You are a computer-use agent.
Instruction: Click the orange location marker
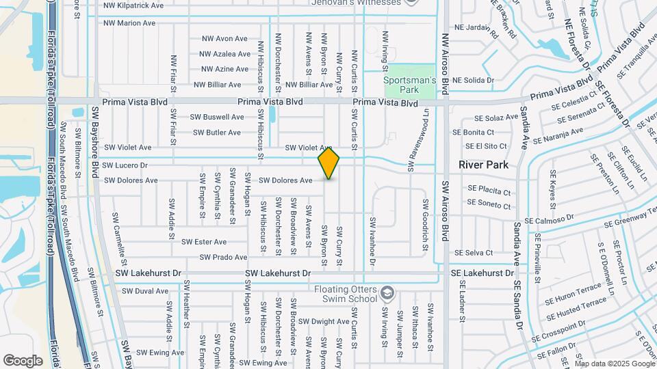point(328,163)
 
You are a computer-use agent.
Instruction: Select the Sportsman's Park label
point(409,85)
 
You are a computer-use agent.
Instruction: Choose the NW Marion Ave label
point(129,23)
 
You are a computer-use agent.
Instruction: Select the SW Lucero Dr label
point(125,165)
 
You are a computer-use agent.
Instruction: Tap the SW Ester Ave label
point(204,242)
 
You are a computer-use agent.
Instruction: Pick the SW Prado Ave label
point(223,258)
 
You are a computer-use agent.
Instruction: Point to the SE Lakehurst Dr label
point(482,273)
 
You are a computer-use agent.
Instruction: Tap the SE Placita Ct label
point(489,193)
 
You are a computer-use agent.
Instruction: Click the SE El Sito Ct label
point(486,146)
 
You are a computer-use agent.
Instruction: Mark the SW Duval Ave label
point(144,291)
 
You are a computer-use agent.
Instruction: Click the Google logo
point(23,361)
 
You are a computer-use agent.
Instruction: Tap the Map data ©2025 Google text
point(614,364)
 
